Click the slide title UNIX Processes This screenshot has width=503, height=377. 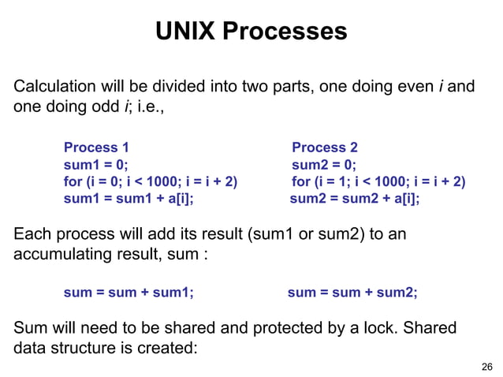pos(251,32)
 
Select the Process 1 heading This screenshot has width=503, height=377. pos(96,147)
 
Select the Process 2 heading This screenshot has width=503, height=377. pos(324,147)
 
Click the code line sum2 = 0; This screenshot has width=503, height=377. pos(323,165)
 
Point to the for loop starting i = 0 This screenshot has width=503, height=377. pos(150,182)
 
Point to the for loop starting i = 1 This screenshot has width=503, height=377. pos(378,182)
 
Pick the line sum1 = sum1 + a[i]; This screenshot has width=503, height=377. pos(129,199)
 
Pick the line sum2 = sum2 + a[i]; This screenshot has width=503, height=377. pos(355,199)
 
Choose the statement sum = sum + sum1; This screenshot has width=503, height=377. pos(129,293)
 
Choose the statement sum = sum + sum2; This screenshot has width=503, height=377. pos(352,293)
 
